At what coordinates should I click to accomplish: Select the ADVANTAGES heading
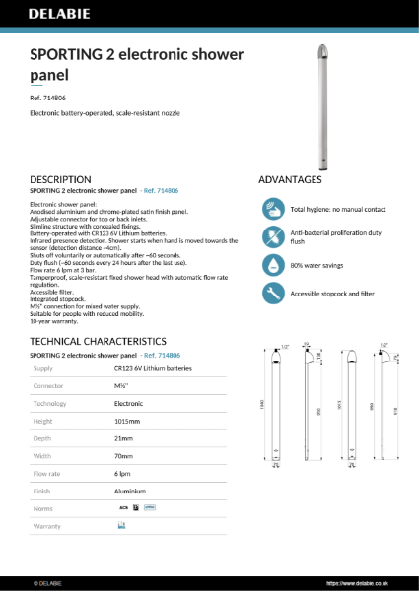coord(290,179)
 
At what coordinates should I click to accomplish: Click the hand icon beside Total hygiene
coord(273,210)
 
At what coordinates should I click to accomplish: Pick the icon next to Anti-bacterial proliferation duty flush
coord(273,236)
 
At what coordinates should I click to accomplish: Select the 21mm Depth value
coord(123,437)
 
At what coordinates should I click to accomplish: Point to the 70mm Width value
coord(124,455)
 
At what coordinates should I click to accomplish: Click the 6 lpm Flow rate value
coord(122,473)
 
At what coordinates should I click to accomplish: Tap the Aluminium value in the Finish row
coord(130,491)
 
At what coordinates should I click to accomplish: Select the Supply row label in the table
coord(43,367)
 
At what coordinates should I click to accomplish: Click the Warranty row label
coord(47,526)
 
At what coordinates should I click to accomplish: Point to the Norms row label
coord(43,508)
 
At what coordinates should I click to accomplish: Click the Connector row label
coord(48,385)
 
